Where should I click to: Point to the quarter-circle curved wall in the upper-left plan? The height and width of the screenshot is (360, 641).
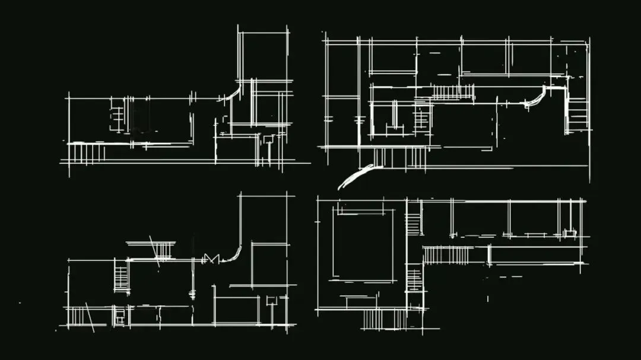point(232,94)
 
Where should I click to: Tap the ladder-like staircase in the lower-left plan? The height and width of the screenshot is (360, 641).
point(122,276)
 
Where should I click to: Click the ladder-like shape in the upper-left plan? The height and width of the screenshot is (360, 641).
point(118,116)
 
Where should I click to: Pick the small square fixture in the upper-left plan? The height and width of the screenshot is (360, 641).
point(269,140)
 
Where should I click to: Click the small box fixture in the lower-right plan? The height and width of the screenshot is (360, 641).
point(570,232)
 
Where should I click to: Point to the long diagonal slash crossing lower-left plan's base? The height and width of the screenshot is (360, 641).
point(90,317)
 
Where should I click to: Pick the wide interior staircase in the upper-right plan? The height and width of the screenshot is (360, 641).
point(452,93)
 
